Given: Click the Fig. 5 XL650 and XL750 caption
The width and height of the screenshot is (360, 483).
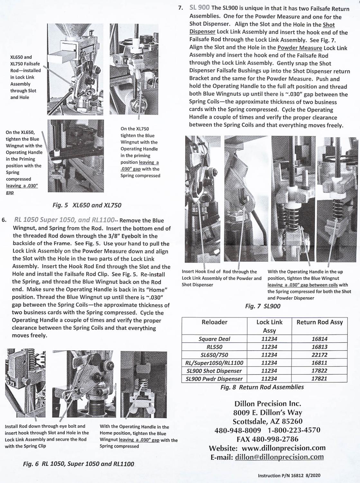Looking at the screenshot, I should tap(87, 205).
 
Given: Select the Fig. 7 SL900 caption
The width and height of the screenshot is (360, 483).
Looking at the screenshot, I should tap(263, 306).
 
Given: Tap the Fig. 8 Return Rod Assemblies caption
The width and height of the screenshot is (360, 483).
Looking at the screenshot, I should tap(262, 387).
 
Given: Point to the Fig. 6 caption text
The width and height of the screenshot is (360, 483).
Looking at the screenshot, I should tap(78, 464).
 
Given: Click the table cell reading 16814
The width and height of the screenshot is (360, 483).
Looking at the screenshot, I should tap(319, 339).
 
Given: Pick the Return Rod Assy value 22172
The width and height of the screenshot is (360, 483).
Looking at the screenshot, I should tap(319, 355).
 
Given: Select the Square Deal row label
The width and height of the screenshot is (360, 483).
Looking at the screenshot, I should tap(214, 339).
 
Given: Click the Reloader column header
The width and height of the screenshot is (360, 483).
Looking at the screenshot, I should tap(214, 322).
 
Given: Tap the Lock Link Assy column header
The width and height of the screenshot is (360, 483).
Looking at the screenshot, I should tap(269, 326).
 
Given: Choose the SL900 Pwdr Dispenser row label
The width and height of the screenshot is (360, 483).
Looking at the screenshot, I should tap(214, 379).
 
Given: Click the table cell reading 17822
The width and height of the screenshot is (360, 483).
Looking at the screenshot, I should tap(319, 371).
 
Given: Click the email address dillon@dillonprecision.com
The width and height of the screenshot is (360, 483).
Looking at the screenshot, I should tap(279, 457).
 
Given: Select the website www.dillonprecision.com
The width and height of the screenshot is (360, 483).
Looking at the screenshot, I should tap(283, 448).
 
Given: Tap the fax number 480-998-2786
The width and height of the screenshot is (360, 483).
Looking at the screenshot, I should tap(279, 439).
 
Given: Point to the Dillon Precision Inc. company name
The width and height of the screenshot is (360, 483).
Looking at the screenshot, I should tap(268, 404).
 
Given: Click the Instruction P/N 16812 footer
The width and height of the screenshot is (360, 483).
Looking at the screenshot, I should tap(289, 476).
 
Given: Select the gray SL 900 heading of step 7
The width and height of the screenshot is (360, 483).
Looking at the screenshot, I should tap(199, 7).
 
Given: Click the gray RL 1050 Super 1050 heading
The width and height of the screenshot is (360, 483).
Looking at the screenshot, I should tap(64, 220).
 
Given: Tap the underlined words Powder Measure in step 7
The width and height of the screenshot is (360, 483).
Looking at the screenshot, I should tap(300, 48).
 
